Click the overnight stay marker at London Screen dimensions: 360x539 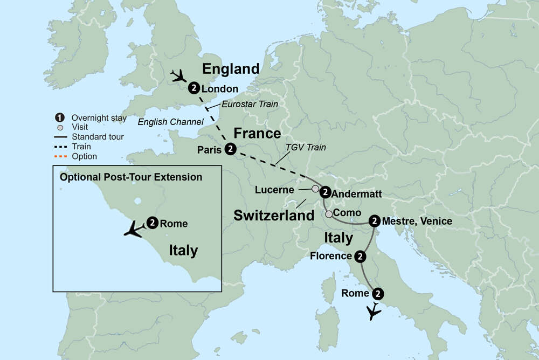coord(193,88)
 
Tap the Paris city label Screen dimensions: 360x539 coord(209,150)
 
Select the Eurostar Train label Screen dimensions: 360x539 coord(250,104)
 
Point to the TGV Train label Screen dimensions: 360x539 coord(305,148)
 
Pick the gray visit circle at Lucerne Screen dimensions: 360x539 coord(315,189)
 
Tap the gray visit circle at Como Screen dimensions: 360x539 coord(329,214)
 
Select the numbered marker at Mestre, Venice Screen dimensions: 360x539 coord(375,220)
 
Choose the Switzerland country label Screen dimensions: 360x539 coord(273,216)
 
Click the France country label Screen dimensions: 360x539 coord(257,133)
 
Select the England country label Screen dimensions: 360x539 coord(230,69)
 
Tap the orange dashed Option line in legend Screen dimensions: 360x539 coord(61,156)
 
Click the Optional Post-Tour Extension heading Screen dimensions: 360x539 coord(131,177)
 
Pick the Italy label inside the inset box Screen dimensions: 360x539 coord(183,250)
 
